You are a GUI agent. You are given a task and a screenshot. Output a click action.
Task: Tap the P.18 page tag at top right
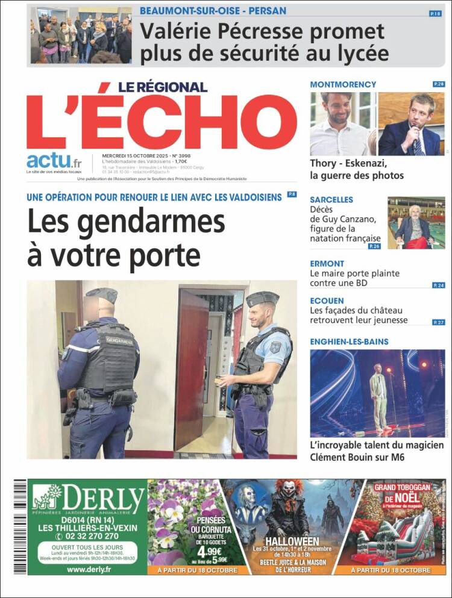(435, 13)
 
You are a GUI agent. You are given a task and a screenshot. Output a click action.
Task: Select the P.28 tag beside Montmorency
(439, 84)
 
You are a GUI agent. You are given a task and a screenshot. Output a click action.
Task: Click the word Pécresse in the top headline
(262, 31)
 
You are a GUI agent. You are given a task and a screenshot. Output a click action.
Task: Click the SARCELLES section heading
(331, 199)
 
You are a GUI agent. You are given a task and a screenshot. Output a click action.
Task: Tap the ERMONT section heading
(327, 263)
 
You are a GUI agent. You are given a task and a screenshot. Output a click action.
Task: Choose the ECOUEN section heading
(327, 300)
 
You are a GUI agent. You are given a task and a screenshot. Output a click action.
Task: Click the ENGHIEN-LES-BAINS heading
(350, 341)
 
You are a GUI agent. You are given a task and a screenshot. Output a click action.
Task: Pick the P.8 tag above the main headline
(292, 195)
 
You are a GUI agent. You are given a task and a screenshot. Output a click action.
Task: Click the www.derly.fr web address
(87, 569)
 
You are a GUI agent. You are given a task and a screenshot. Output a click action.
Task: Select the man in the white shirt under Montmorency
(339, 125)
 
